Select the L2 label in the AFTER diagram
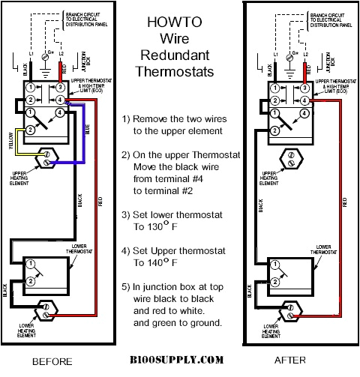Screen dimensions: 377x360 tap(304, 55)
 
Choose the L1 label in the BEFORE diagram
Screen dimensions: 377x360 tap(32, 55)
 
